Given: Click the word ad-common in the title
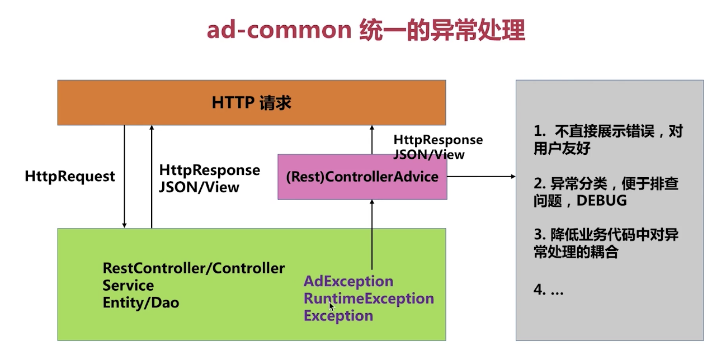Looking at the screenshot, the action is pyautogui.click(x=279, y=30).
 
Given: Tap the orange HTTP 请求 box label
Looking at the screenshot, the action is pyautogui.click(x=252, y=103).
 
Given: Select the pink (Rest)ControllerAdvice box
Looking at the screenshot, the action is pyautogui.click(x=362, y=177).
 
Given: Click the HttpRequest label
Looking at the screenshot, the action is pyautogui.click(x=70, y=177).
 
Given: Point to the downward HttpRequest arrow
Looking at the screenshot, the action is pyautogui.click(x=125, y=177).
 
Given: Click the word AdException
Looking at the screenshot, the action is pyautogui.click(x=348, y=281).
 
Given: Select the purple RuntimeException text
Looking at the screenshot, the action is pyautogui.click(x=369, y=299).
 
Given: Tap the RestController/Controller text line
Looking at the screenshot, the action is pyautogui.click(x=194, y=268).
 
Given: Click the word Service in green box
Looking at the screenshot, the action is pyautogui.click(x=128, y=286).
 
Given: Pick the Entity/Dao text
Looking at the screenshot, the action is pyautogui.click(x=141, y=302).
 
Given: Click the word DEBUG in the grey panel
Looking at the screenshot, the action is pyautogui.click(x=601, y=201).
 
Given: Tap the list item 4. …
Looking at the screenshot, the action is pyautogui.click(x=549, y=290).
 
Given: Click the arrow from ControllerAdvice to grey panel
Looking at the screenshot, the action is pyautogui.click(x=482, y=177).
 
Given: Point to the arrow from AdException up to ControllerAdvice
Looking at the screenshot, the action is pyautogui.click(x=372, y=235).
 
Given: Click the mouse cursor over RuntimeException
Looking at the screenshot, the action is pyautogui.click(x=332, y=306).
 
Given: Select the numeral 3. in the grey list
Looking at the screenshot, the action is pyautogui.click(x=540, y=235).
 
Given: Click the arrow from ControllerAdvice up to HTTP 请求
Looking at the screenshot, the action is pyautogui.click(x=372, y=140).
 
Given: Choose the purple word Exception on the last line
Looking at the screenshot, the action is pyautogui.click(x=338, y=316).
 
